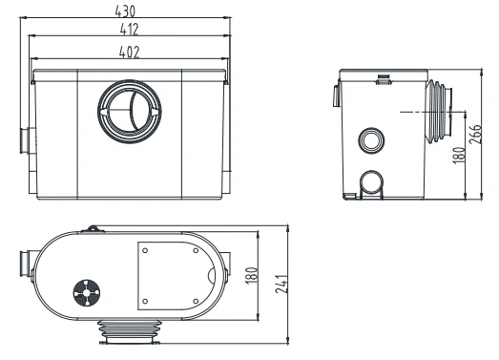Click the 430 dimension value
pyautogui.click(x=125, y=11)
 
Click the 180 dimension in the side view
pyautogui.click(x=461, y=154)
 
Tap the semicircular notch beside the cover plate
pyautogui.click(x=212, y=276)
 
